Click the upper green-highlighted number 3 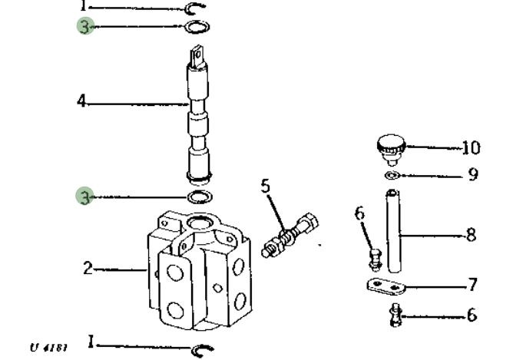[x=84, y=27]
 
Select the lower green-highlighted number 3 [x=85, y=197]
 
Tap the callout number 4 [x=81, y=101]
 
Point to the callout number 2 [x=88, y=268]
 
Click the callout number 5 [x=266, y=186]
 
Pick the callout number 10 [x=471, y=148]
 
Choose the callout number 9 [x=473, y=174]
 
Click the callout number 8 [x=471, y=235]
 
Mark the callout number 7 [x=473, y=285]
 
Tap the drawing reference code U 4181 [x=48, y=347]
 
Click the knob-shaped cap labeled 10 [x=392, y=148]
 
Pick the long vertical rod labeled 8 [x=393, y=231]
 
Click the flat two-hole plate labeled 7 [x=386, y=286]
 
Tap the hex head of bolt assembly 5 [x=309, y=223]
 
